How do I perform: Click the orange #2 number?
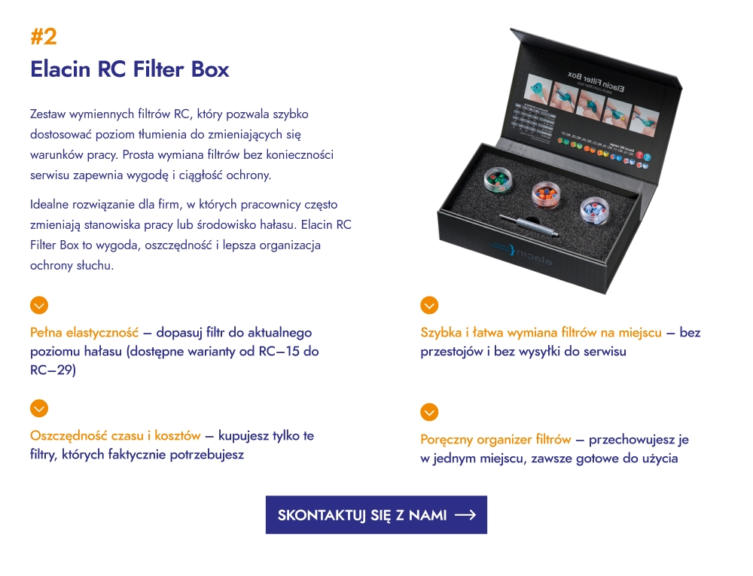[x=43, y=36]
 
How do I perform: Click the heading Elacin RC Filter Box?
[x=130, y=69]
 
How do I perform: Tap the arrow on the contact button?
[x=465, y=515]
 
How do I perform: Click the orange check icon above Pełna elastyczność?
[x=39, y=305]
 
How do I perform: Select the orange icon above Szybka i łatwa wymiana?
[x=429, y=305]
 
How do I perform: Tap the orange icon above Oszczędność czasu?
[x=39, y=409]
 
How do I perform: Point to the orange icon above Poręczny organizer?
[x=429, y=413]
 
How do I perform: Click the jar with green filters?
[x=498, y=179]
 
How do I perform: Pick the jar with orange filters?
[x=547, y=195]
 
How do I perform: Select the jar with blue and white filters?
[x=595, y=210]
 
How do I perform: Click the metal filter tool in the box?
[x=529, y=226]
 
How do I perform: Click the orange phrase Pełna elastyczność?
[x=84, y=332]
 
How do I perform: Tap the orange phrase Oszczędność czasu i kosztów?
[x=115, y=436]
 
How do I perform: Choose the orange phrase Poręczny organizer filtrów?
[x=495, y=440]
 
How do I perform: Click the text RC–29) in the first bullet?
[x=53, y=370]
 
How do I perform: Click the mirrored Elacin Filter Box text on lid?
[x=596, y=81]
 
